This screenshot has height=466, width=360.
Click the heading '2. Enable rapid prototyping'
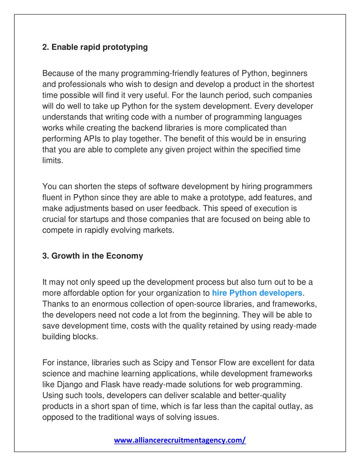pos(95,47)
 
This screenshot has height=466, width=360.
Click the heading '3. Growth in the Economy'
pos(92,256)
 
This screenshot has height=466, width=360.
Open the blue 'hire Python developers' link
pos(257,293)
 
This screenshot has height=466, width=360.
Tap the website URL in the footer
pos(180,440)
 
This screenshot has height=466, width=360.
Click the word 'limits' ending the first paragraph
pos(52,160)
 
